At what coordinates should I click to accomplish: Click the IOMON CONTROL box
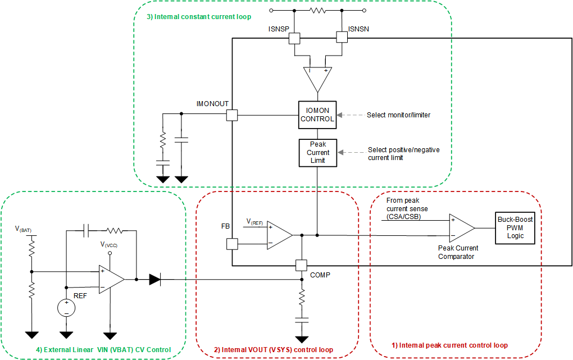pyautogui.click(x=317, y=114)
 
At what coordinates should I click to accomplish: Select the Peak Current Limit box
pyautogui.click(x=317, y=152)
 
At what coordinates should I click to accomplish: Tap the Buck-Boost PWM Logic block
pyautogui.click(x=515, y=227)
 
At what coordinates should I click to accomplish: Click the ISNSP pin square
pyautogui.click(x=294, y=38)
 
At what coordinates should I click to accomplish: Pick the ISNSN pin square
pyautogui.click(x=342, y=38)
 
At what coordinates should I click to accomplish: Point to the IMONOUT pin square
pyautogui.click(x=231, y=115)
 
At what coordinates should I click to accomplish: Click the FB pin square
pyautogui.click(x=231, y=244)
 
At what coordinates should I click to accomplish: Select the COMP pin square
pyautogui.click(x=302, y=265)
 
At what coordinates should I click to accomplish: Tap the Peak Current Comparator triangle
pyautogui.click(x=461, y=228)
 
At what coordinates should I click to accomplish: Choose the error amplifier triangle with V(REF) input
pyautogui.click(x=279, y=235)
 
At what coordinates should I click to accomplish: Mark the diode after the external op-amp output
pyautogui.click(x=155, y=279)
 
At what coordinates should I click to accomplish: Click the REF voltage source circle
pyautogui.click(x=66, y=307)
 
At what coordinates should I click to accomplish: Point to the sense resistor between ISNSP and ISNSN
pyautogui.click(x=318, y=11)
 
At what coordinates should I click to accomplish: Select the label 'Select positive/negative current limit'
pyautogui.click(x=403, y=153)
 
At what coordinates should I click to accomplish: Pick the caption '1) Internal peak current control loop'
pyautogui.click(x=449, y=345)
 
